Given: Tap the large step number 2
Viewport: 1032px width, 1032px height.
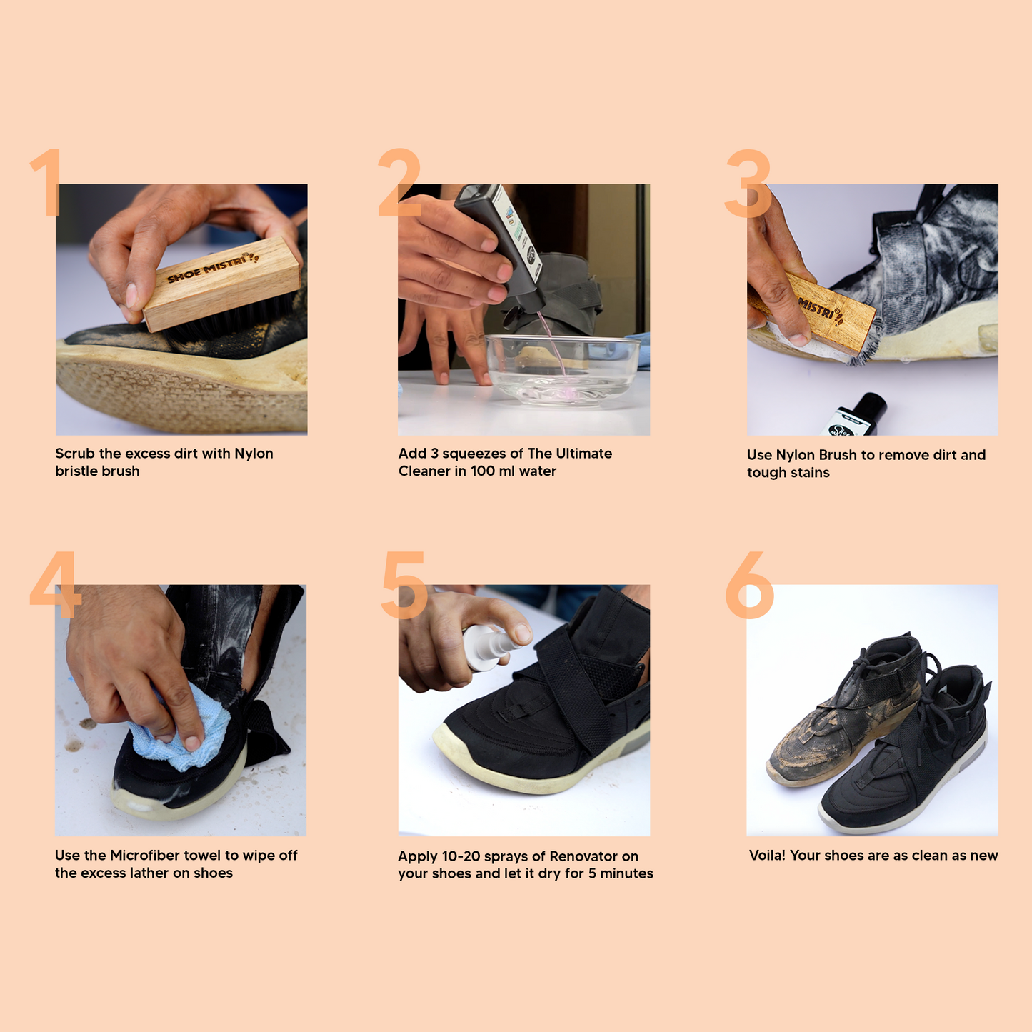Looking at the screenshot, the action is pos(399,182).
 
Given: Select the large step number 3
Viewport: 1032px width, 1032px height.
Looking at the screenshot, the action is pos(748,184).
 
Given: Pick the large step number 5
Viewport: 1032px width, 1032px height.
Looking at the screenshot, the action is pos(404,585).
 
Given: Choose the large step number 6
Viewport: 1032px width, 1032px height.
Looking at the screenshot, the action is pos(750,585).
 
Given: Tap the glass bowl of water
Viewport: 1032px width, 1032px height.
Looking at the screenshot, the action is pos(562,371).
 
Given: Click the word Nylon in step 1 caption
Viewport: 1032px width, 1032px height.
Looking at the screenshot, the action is pos(254,454).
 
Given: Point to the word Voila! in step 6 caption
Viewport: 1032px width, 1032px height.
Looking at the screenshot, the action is pos(767,856).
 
